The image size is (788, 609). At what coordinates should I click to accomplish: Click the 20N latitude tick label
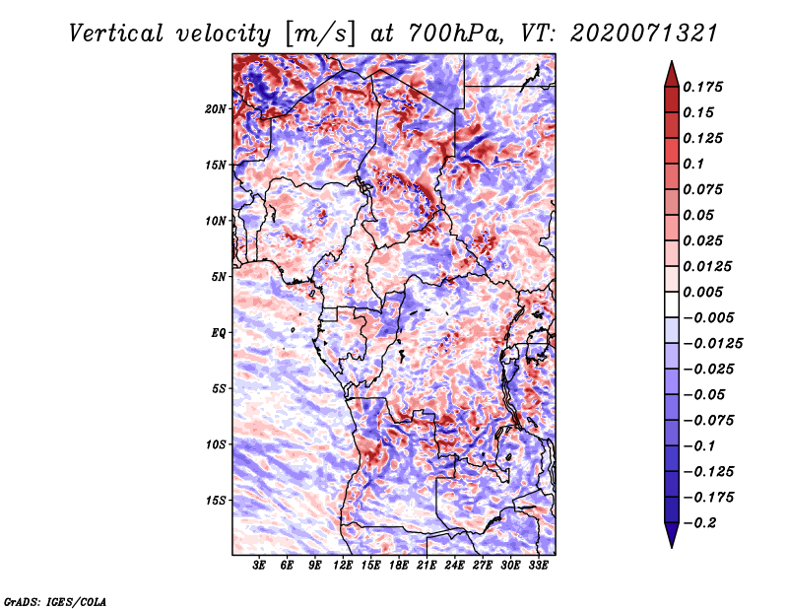pyautogui.click(x=216, y=109)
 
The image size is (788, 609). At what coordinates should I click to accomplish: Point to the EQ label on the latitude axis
pyautogui.click(x=218, y=333)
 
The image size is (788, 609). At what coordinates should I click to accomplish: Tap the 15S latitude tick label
pyautogui.click(x=216, y=501)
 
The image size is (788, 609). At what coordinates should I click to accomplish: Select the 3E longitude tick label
pyautogui.click(x=259, y=566)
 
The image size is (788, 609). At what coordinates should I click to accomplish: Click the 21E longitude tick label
pyautogui.click(x=427, y=566)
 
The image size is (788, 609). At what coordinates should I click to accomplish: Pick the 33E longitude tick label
pyautogui.click(x=538, y=566)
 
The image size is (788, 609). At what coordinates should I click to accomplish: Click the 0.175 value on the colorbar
pyautogui.click(x=702, y=87)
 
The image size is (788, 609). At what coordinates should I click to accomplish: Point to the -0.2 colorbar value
pyautogui.click(x=699, y=523)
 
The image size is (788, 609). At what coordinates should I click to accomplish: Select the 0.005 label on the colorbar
pyautogui.click(x=702, y=292)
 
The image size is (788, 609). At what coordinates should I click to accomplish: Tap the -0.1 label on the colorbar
pyautogui.click(x=699, y=446)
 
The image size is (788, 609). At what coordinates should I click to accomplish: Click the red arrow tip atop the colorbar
pyautogui.click(x=672, y=61)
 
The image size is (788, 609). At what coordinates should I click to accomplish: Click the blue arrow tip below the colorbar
pyautogui.click(x=672, y=547)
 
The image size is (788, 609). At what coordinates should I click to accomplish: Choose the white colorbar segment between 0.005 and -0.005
pyautogui.click(x=672, y=304)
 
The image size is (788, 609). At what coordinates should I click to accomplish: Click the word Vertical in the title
pyautogui.click(x=116, y=34)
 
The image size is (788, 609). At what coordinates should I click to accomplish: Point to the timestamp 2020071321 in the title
pyautogui.click(x=644, y=34)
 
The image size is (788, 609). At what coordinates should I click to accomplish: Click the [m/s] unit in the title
pyautogui.click(x=321, y=34)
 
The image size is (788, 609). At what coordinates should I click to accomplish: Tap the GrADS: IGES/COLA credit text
pyautogui.click(x=55, y=602)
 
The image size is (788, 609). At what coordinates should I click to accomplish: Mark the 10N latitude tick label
pyautogui.click(x=216, y=221)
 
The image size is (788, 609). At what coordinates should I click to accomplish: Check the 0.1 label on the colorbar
pyautogui.click(x=693, y=164)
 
